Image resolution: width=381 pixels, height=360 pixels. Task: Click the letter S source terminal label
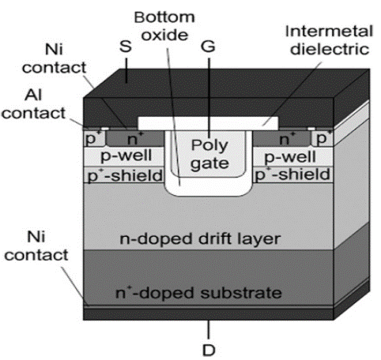coord(126,47)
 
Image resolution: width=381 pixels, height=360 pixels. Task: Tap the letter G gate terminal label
coord(208,47)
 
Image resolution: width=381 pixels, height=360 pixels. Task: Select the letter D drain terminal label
coord(209,351)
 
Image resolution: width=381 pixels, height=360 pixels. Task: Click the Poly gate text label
coord(209,155)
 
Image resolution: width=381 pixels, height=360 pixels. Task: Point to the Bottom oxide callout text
coord(164,26)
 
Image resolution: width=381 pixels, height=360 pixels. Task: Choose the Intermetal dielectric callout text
coord(330,40)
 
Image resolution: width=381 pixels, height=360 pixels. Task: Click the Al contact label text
coord(34,104)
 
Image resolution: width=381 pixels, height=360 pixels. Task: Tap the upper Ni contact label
coord(54,58)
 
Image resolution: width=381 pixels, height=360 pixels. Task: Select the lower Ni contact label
coord(36,246)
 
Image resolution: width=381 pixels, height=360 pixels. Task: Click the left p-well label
coord(126,156)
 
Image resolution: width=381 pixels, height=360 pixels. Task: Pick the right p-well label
coord(290,157)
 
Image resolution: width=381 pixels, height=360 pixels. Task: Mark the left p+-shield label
coord(125,175)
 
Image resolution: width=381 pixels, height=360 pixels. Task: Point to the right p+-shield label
coord(292,174)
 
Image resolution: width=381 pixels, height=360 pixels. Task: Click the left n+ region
coord(135,139)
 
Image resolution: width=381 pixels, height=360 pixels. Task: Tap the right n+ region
coord(281,139)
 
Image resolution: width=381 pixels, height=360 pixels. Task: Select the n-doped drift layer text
coord(200,239)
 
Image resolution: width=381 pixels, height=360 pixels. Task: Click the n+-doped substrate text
coord(198,293)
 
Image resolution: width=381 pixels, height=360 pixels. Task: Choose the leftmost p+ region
coord(94,138)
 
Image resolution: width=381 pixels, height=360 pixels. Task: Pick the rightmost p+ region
coord(323,138)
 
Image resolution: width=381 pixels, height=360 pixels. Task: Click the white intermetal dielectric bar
coord(208,123)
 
